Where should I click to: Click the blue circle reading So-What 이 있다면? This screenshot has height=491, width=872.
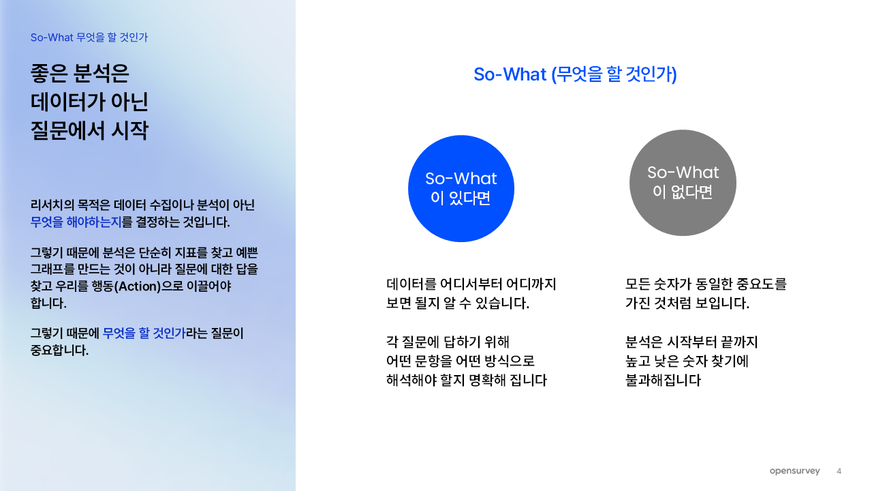(x=461, y=189)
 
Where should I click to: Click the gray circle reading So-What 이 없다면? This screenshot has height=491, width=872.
(x=683, y=183)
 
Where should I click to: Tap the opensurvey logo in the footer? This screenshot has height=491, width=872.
(x=794, y=471)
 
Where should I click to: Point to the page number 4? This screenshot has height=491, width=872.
(x=839, y=471)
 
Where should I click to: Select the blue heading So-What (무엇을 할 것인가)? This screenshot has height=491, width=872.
(x=576, y=74)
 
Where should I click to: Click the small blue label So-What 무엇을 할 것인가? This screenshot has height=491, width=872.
(x=89, y=38)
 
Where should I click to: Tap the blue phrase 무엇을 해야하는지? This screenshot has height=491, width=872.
(x=76, y=222)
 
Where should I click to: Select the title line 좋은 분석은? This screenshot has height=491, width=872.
(x=80, y=73)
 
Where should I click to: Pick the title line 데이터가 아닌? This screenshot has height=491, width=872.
(x=89, y=102)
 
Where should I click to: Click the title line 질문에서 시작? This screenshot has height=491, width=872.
(x=89, y=130)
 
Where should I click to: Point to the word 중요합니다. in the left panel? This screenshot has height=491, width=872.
(x=59, y=350)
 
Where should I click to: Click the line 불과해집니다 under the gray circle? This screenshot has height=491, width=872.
(x=663, y=380)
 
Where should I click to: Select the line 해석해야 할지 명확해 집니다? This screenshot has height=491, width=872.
(x=467, y=380)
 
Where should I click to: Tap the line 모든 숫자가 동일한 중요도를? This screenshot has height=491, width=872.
(x=706, y=284)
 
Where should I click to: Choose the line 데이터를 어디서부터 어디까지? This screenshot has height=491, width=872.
(x=471, y=284)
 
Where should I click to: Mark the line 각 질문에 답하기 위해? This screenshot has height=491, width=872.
(x=448, y=342)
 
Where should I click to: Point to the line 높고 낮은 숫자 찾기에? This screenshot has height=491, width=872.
(x=687, y=361)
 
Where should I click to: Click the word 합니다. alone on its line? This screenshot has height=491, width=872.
(x=48, y=303)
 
